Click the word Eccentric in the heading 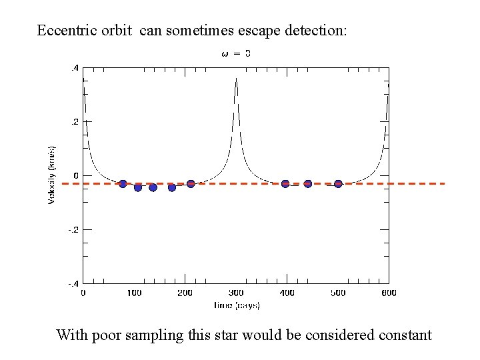63,31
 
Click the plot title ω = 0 235,53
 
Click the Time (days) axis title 236,305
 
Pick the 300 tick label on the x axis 236,293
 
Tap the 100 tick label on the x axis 134,293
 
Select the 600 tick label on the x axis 389,293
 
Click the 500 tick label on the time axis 338,293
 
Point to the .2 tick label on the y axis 75,122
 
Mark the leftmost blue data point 123,184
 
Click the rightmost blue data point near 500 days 338,184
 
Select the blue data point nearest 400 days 285,184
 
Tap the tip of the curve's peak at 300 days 236,79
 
